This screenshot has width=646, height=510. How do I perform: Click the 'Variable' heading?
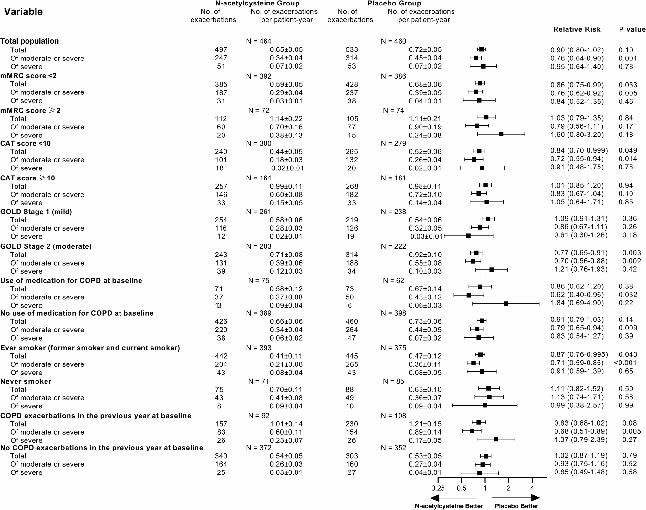click(23, 12)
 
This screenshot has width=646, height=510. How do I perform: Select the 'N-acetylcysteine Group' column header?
click(257, 4)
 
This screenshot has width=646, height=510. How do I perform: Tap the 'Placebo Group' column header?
click(394, 4)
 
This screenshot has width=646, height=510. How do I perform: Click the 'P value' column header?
click(632, 29)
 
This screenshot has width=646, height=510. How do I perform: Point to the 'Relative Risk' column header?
click(577, 29)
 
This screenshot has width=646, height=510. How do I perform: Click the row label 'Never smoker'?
click(26, 381)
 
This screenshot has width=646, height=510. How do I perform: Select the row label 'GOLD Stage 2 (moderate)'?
click(46, 246)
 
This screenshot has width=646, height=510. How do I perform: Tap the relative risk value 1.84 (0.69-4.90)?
click(577, 303)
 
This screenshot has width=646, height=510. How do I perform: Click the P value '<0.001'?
click(625, 363)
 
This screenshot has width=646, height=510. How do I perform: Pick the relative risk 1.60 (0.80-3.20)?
click(577, 135)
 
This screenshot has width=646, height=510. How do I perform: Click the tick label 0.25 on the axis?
click(438, 488)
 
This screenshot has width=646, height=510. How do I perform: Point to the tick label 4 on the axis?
click(532, 488)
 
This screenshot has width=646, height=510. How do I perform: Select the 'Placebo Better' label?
click(516, 506)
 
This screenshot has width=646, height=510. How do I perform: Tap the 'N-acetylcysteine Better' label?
click(449, 506)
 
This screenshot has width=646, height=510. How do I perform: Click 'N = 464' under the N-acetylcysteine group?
click(258, 41)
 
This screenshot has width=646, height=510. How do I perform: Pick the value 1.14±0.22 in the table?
click(286, 119)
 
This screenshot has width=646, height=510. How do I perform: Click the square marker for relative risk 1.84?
click(506, 304)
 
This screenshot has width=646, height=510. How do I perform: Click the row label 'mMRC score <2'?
click(28, 76)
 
